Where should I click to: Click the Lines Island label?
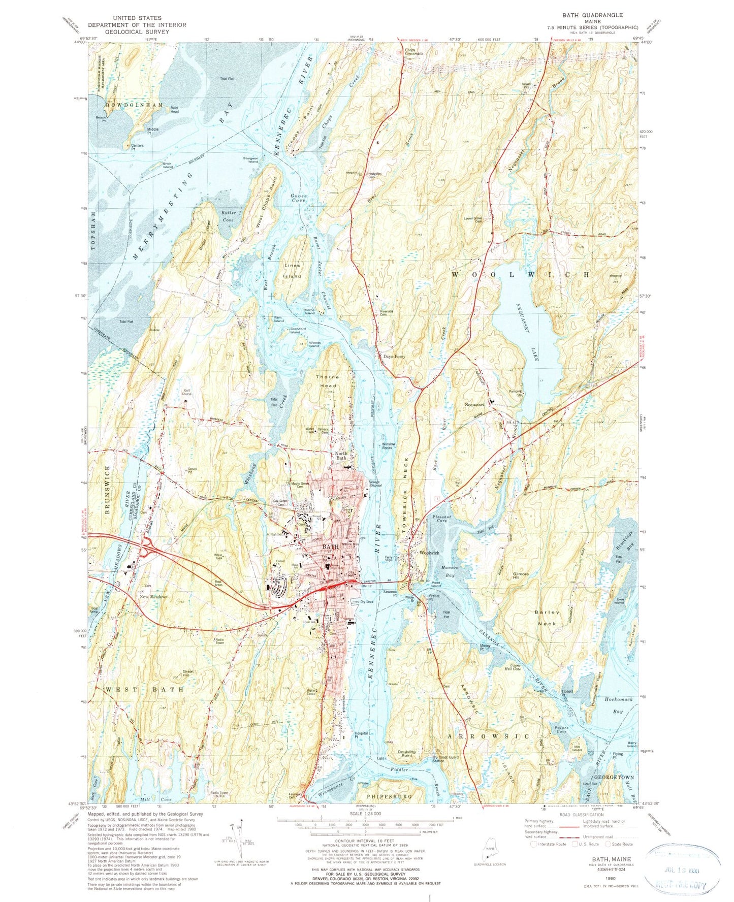click(x=292, y=271)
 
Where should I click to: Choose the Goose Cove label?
click(x=298, y=198)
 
